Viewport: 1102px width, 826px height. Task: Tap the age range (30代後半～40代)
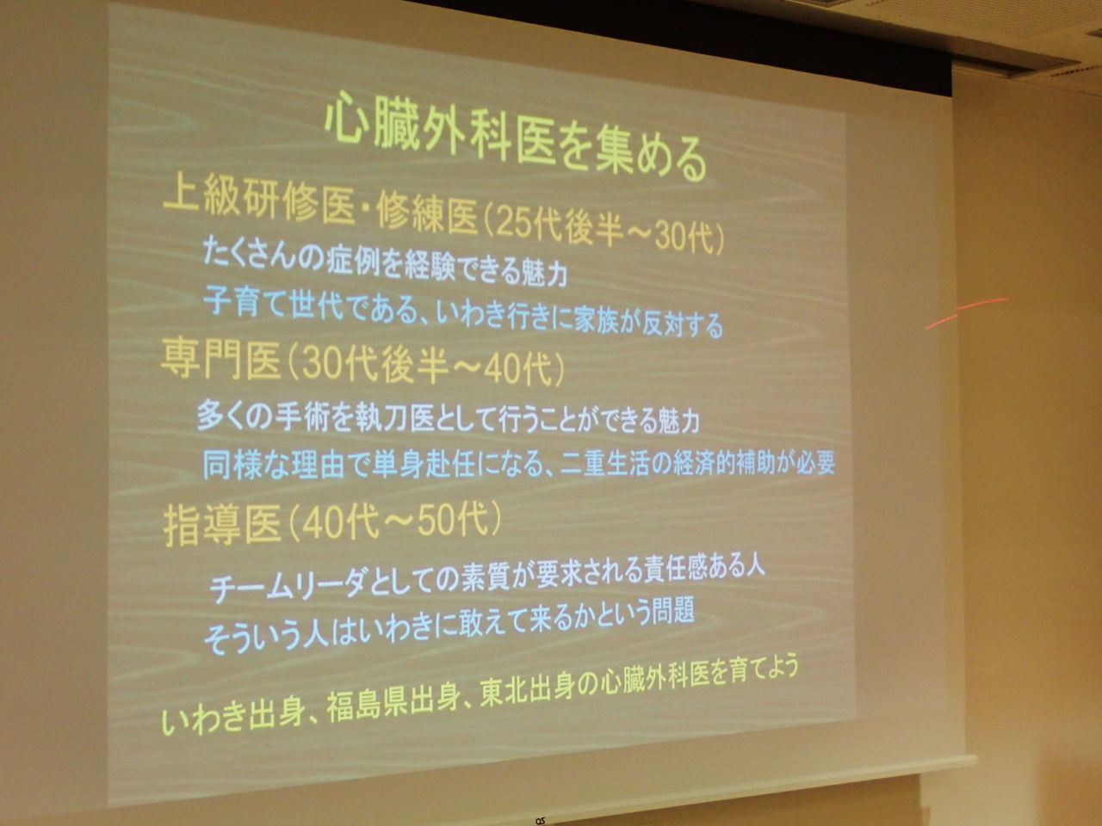tap(424, 368)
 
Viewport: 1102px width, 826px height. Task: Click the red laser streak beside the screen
tap(967, 313)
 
